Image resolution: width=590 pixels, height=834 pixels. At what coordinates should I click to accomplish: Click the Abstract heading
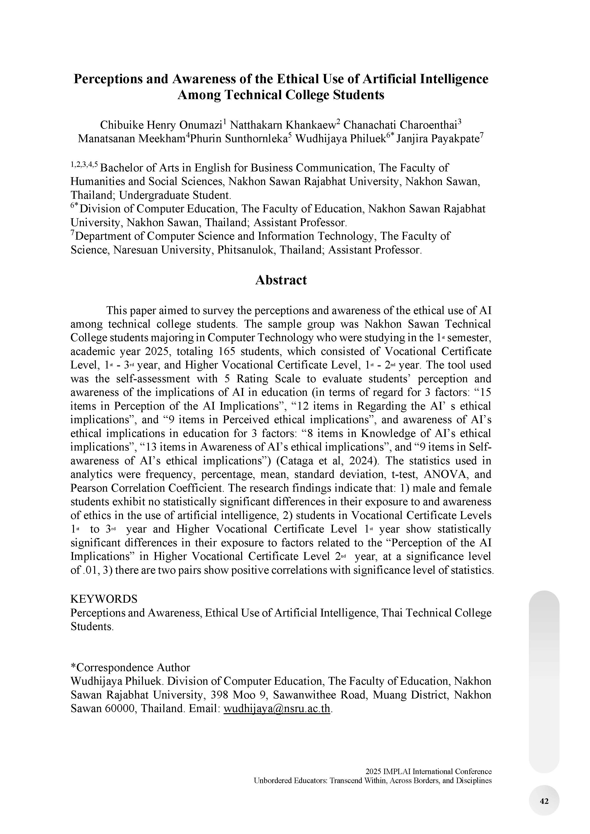pos(281,280)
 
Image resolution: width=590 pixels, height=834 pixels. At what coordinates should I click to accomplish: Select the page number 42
pos(544,801)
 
